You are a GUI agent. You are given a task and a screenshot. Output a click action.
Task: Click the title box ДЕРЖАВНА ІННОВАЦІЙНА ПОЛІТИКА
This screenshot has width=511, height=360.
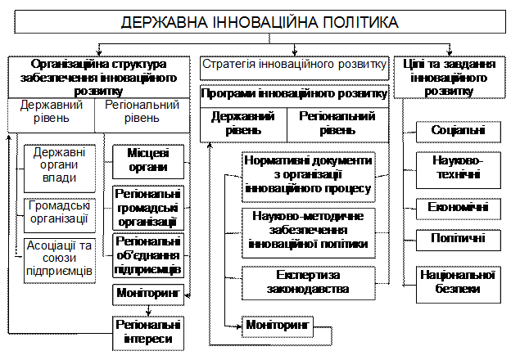260,21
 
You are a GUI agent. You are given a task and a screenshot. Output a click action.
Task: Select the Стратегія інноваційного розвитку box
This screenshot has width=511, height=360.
294,69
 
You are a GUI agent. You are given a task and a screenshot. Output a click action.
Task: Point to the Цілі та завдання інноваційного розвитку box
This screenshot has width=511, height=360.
450,78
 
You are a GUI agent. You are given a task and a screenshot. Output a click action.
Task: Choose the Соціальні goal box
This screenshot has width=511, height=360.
459,132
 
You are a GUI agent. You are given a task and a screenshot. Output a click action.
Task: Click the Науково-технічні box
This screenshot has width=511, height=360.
459,170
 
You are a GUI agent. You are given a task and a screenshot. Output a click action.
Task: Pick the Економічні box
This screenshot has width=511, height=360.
459,209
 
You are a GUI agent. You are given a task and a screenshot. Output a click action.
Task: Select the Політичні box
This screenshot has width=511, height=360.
459,240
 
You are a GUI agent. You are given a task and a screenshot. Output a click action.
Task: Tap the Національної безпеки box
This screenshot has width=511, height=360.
459,285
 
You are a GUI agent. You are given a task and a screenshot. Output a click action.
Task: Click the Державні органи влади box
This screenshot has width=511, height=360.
60,169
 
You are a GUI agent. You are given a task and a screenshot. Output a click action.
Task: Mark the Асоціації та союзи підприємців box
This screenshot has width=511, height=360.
60,261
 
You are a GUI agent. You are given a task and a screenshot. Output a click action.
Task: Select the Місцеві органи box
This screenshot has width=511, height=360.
148,162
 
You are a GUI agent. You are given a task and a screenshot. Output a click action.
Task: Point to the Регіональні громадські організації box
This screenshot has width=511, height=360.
148,208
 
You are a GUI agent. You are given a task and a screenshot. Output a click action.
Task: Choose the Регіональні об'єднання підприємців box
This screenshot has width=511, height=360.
148,255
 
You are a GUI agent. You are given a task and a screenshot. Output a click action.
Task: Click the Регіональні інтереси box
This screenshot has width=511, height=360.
148,333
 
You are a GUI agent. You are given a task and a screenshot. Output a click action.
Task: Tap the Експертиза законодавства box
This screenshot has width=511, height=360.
308,283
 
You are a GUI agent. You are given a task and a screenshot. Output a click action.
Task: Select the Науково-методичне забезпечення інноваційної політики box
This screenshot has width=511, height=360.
308,233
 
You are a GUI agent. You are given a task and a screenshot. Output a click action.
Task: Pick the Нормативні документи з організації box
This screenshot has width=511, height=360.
308,177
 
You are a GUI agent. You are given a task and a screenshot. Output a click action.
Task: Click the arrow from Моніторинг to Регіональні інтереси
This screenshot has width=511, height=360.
148,311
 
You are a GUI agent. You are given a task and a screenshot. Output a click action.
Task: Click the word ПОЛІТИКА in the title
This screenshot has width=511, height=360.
361,22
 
